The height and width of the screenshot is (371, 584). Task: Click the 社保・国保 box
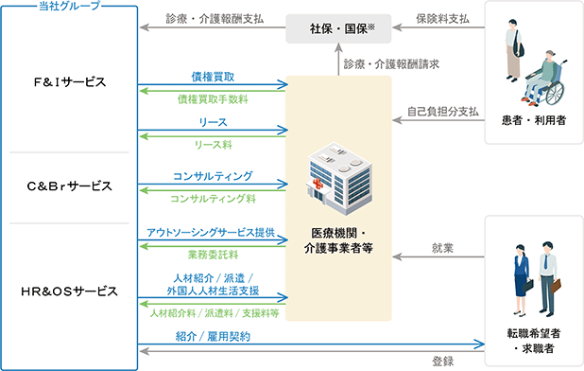pyautogui.click(x=338, y=28)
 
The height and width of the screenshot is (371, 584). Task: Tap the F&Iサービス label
pyautogui.click(x=70, y=82)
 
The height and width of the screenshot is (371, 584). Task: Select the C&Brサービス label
pyautogui.click(x=70, y=186)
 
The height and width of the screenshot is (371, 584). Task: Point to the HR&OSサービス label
pyautogui.click(x=70, y=291)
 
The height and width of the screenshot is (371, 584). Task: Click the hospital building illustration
pyautogui.click(x=338, y=178)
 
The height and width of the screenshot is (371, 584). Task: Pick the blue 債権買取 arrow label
pyautogui.click(x=213, y=77)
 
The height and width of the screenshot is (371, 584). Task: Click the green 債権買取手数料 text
pyautogui.click(x=213, y=99)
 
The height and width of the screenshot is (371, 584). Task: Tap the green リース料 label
pyautogui.click(x=213, y=145)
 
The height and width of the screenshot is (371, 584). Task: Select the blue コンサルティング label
pyautogui.click(x=213, y=176)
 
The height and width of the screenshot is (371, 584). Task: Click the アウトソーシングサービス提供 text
pyautogui.click(x=211, y=233)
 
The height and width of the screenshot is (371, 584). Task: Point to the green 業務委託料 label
pyautogui.click(x=213, y=255)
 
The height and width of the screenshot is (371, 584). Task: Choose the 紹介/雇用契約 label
pyautogui.click(x=213, y=337)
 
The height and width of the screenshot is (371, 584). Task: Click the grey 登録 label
pyautogui.click(x=442, y=362)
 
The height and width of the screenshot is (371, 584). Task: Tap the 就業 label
pyautogui.click(x=442, y=248)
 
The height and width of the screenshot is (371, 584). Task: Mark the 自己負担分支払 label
pyautogui.click(x=442, y=112)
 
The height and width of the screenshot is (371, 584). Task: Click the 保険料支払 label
pyautogui.click(x=442, y=19)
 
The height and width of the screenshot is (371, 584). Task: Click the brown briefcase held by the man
pyautogui.click(x=556, y=286)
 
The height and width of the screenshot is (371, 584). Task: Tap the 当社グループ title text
pyautogui.click(x=70, y=6)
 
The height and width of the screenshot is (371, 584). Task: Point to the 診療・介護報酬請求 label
pyautogui.click(x=391, y=64)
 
